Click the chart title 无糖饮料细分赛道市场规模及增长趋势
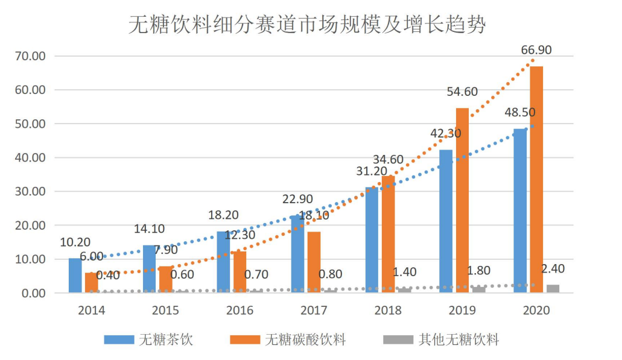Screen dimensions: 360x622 pos(307,25)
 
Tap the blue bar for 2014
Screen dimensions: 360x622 pos(75,276)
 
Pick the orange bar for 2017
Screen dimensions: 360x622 pos(314,262)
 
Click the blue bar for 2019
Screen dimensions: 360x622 pos(446,221)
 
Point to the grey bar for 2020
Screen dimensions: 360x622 pos(553,289)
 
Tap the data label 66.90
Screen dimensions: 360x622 pos(536,50)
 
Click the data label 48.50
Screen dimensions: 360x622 pos(520,113)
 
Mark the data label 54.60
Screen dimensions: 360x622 pos(462,92)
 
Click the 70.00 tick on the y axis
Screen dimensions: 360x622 pos(31,56)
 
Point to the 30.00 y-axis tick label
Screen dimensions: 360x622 pos(31,192)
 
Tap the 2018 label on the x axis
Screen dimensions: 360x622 pos(388,311)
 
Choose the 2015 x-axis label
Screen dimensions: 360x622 pos(165,311)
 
